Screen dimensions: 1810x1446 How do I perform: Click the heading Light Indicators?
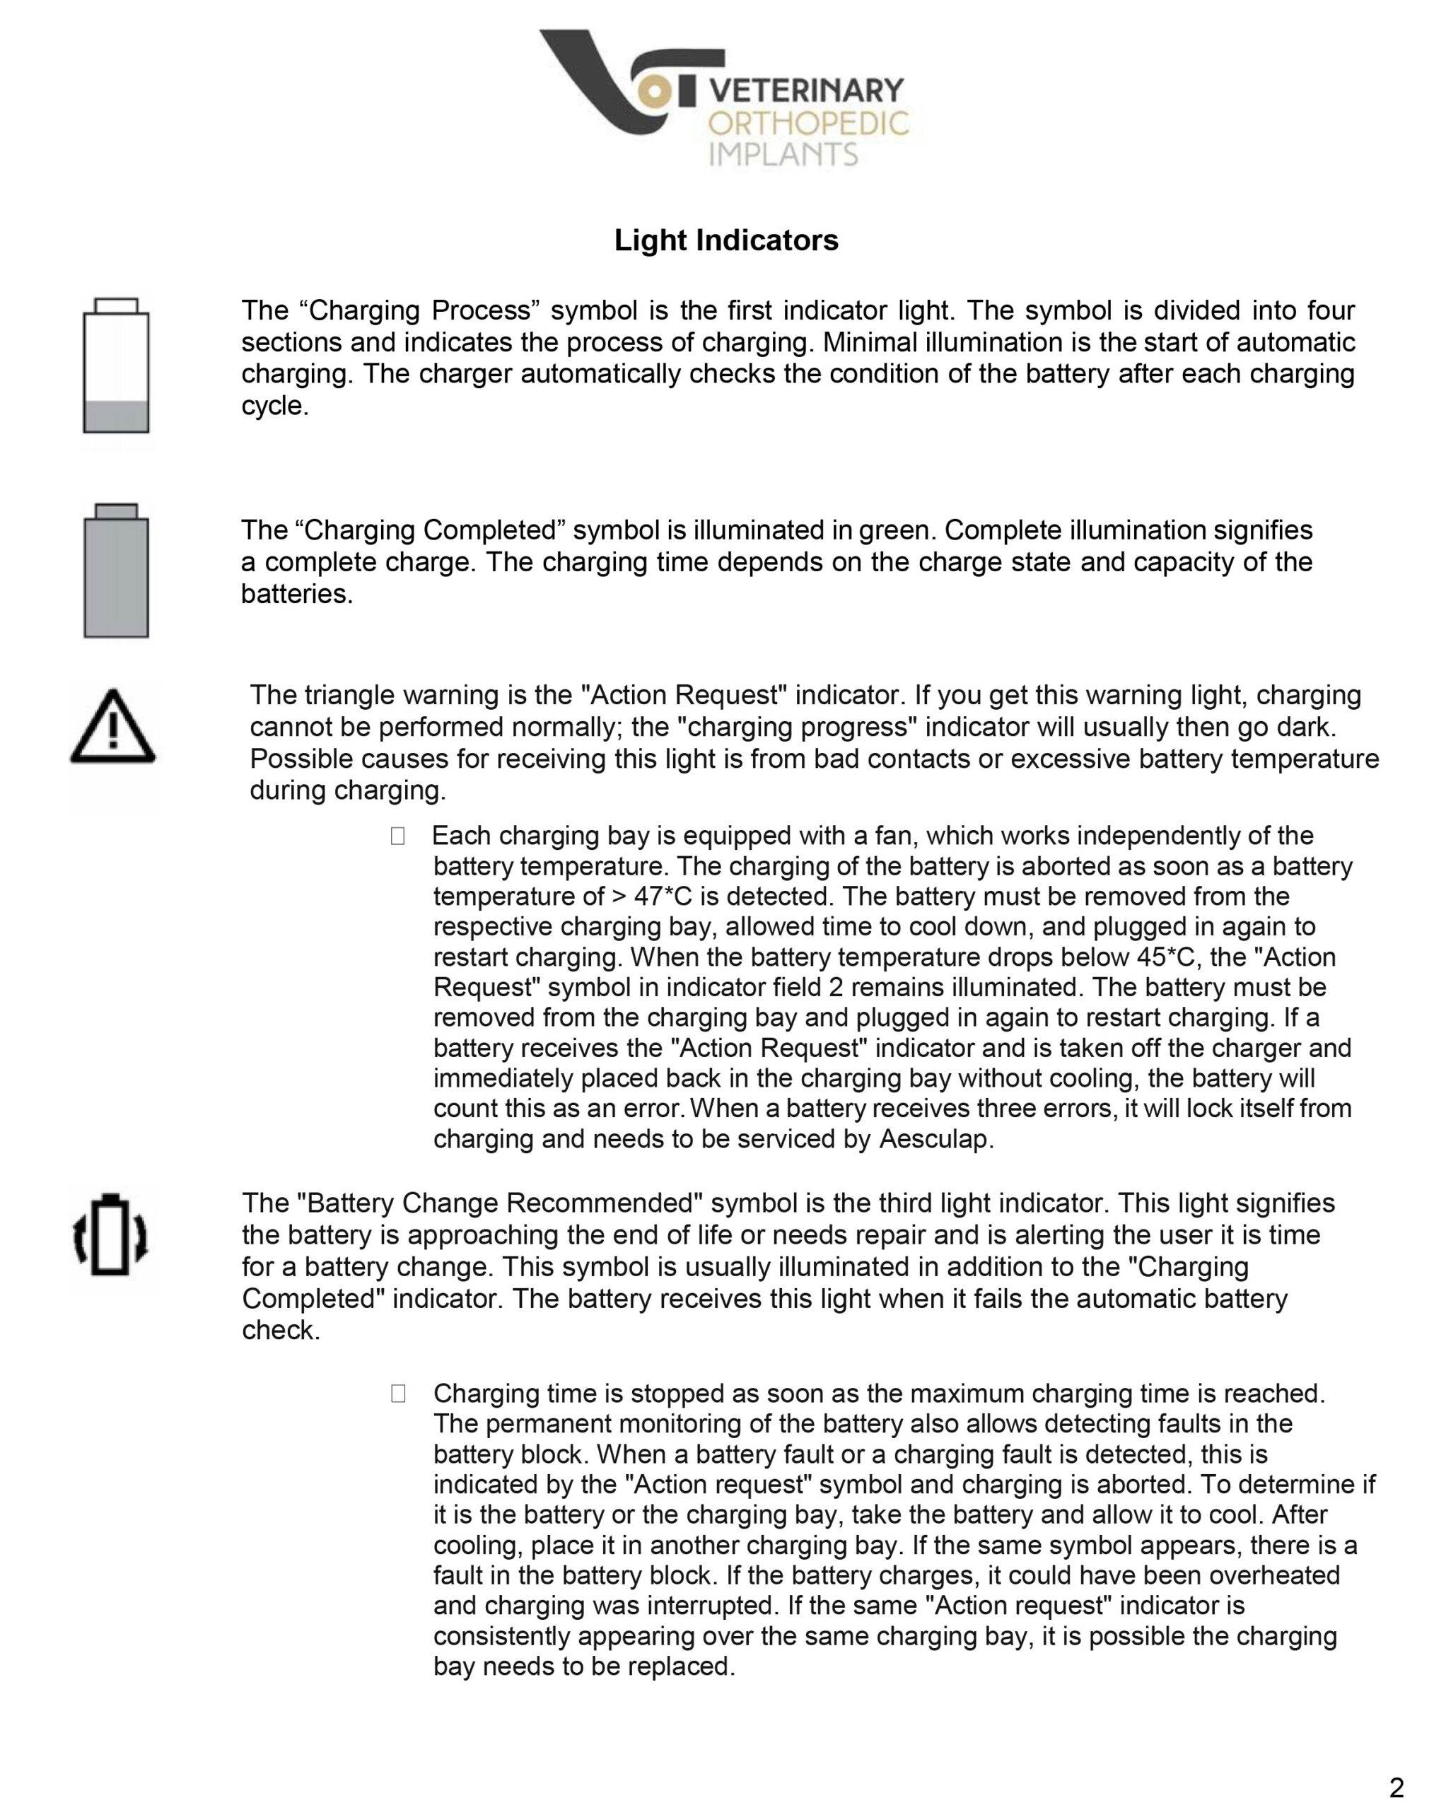tap(725, 240)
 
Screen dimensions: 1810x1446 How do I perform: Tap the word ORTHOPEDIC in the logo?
tap(807, 124)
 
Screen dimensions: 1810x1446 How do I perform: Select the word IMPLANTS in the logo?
tap(783, 154)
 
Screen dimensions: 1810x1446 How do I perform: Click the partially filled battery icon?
tap(116, 366)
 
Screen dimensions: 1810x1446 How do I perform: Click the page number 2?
tap(1397, 1787)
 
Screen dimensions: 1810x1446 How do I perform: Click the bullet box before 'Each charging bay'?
tap(397, 836)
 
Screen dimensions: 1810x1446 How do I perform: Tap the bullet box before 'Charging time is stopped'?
tap(398, 1394)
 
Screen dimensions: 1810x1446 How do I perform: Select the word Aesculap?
tap(935, 1139)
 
